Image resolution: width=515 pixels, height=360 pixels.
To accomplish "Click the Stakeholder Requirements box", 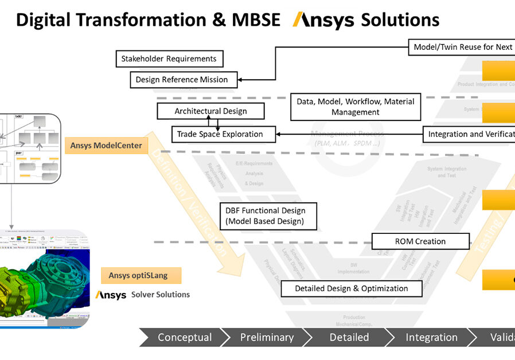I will click(x=169, y=58).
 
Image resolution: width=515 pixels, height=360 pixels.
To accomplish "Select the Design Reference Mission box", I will click(x=182, y=80).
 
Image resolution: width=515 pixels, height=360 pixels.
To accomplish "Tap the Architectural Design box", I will click(x=210, y=111).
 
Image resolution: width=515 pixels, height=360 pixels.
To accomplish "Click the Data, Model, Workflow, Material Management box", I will click(x=355, y=107).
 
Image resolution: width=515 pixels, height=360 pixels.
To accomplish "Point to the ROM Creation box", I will click(x=420, y=241).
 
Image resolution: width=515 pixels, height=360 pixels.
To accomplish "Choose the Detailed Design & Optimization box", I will click(x=351, y=288).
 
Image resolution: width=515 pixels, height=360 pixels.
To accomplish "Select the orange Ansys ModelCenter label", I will click(x=106, y=146).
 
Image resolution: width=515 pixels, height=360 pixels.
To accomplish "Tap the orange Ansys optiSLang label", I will click(x=138, y=276).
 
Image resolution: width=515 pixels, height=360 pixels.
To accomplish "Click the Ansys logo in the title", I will click(x=323, y=21).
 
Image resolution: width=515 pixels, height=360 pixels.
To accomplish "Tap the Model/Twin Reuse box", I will click(x=462, y=47).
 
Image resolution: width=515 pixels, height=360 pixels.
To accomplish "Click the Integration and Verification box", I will click(x=469, y=134).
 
